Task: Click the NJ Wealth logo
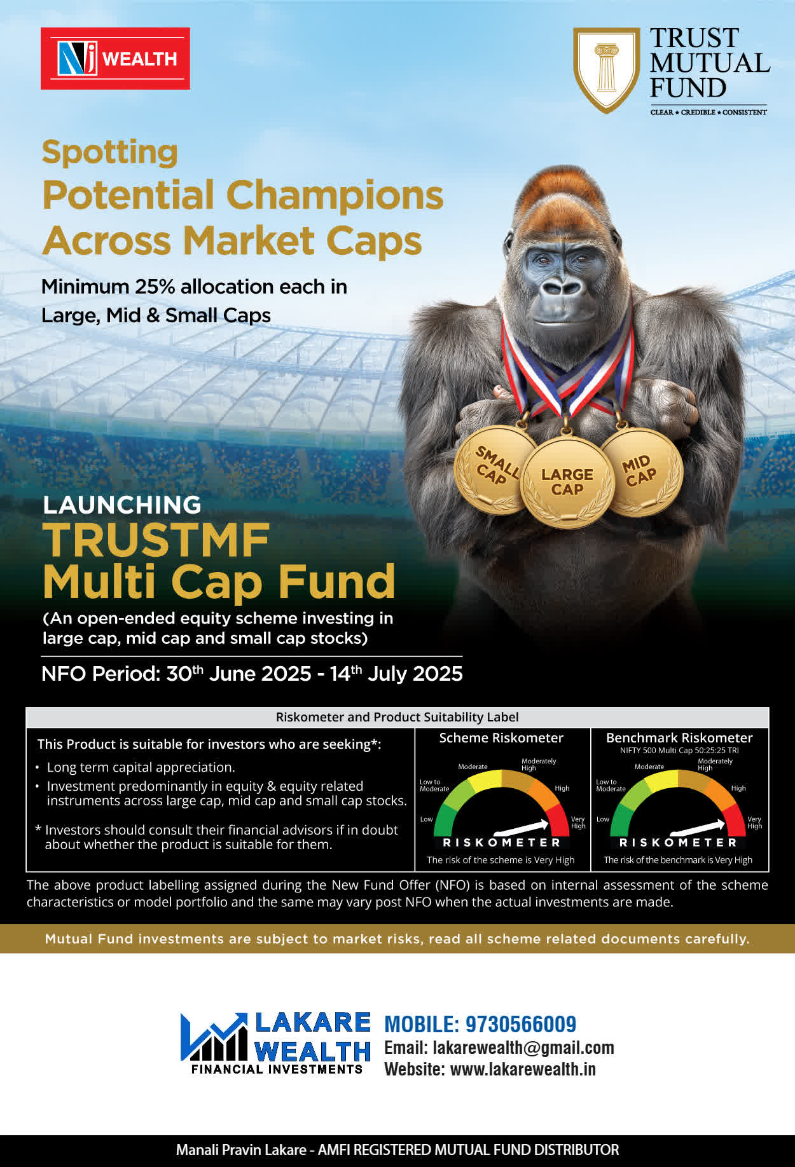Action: (115, 58)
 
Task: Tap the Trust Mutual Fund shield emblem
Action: (607, 70)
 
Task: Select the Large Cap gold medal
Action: (567, 482)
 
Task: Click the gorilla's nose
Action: (562, 287)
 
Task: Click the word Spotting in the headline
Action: (110, 153)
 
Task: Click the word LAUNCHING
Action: (122, 505)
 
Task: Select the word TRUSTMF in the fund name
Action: (156, 540)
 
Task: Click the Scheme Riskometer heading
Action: (501, 738)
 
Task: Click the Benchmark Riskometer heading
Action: (679, 738)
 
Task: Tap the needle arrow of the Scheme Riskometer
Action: (521, 827)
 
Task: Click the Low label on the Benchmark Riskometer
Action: (603, 819)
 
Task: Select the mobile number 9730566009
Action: (521, 1024)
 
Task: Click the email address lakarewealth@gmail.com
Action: (523, 1048)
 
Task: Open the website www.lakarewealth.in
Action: (523, 1069)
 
